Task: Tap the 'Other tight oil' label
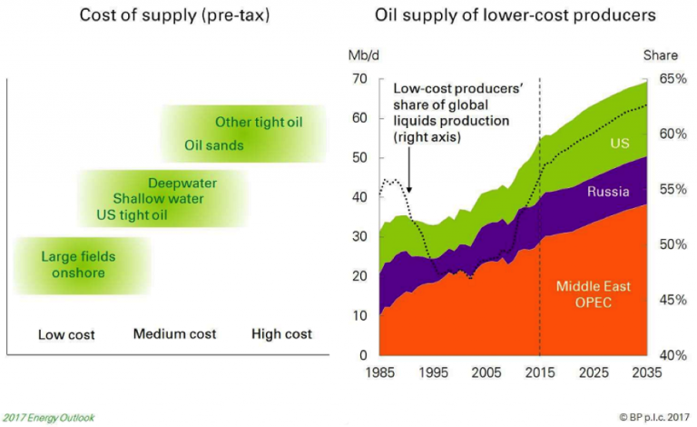259,122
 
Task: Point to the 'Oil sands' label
214,144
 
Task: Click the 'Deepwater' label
182,182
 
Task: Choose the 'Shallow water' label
158,198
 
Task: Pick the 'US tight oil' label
132,215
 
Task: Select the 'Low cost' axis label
66,334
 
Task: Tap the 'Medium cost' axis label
174,334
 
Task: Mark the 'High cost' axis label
281,334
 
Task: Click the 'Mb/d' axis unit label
362,55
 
